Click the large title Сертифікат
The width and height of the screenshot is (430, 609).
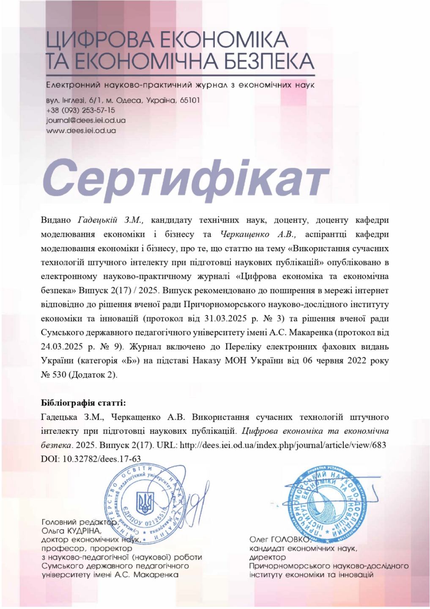(x=186, y=176)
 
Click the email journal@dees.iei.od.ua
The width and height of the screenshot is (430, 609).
(x=85, y=120)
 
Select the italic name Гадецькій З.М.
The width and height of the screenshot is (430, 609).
(x=111, y=220)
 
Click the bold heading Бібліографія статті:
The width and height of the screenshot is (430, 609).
(x=84, y=402)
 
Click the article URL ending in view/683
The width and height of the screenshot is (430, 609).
(x=283, y=445)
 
